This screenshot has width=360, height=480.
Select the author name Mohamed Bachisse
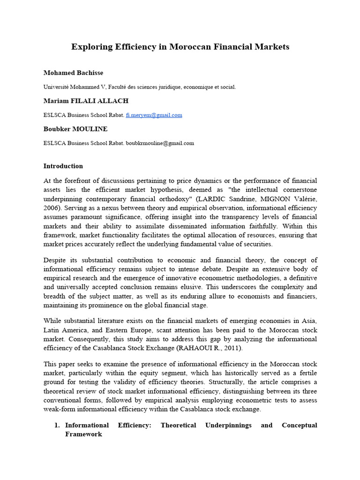(73, 73)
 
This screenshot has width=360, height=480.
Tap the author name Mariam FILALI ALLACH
(86, 101)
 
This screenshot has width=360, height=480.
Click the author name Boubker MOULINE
(76, 129)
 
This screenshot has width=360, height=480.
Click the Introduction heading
(63, 166)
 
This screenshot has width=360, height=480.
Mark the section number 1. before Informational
(56, 425)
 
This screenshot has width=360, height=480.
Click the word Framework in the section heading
(83, 434)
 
